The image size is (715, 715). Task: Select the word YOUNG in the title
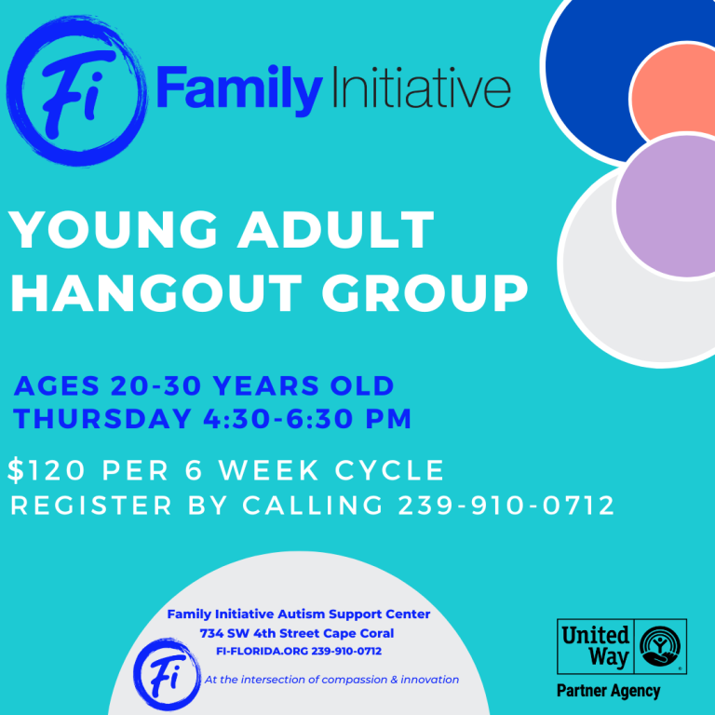[106, 231]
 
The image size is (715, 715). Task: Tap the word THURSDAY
[102, 418]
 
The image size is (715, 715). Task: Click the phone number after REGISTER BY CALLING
[506, 506]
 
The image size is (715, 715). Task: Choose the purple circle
[667, 206]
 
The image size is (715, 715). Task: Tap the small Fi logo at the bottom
[168, 674]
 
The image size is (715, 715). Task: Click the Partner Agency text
[608, 691]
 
